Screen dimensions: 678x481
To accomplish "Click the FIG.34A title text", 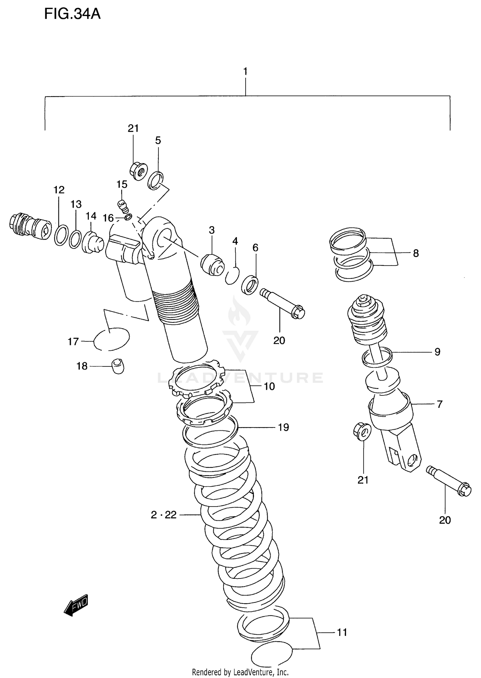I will [x=72, y=14].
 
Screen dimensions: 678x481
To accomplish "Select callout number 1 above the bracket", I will [x=245, y=71].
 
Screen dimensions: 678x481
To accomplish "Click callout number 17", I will [x=73, y=341].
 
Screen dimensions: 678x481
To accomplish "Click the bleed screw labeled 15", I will [x=123, y=206].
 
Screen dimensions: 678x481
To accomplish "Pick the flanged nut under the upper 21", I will [x=139, y=171].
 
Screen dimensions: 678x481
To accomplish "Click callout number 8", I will [x=416, y=253].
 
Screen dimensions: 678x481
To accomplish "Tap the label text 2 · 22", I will [x=164, y=515].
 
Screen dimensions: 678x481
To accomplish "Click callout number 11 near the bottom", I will [x=342, y=632].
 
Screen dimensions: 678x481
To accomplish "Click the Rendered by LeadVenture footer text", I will [x=240, y=672].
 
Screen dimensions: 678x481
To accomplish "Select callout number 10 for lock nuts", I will [x=269, y=386].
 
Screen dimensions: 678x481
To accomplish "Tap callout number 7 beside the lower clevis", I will [x=439, y=404].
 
